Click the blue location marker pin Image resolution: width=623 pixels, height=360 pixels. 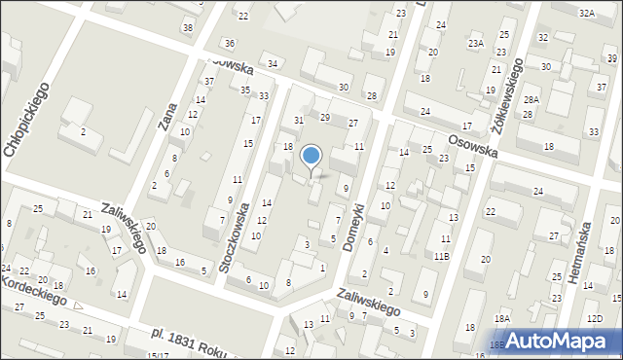point(311,157)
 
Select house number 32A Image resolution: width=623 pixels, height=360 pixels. point(586,13)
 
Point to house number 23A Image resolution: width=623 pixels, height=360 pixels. point(475,44)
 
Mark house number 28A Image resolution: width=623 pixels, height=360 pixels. point(531,100)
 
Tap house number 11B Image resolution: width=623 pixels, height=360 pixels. point(441,256)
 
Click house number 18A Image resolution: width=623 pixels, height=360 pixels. point(501,318)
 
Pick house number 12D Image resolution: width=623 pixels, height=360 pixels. point(595,318)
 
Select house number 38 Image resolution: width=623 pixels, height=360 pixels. point(187,27)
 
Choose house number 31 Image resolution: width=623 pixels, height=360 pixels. point(300,120)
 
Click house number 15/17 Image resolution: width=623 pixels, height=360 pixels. point(158,356)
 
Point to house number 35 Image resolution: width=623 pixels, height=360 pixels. point(246,90)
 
